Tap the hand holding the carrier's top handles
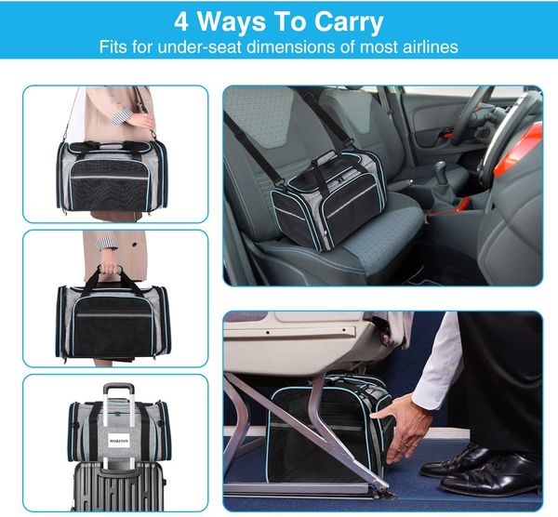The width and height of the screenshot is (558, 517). pos(111,270)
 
